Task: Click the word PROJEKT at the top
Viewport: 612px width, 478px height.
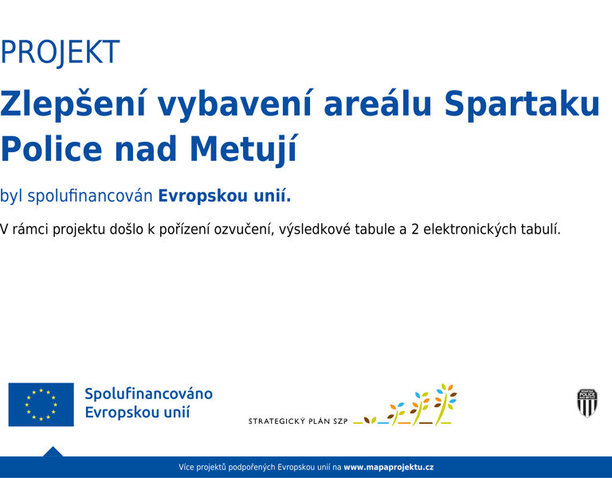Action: (x=60, y=52)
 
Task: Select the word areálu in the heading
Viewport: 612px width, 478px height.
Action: (x=378, y=103)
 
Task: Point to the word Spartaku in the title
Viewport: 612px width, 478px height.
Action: (x=522, y=104)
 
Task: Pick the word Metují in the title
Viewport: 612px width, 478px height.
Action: (x=244, y=150)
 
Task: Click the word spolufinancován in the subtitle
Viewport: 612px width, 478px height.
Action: (x=90, y=196)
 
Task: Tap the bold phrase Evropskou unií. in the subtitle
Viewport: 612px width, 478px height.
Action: (x=225, y=196)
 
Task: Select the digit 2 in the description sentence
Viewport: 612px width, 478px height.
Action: (x=415, y=229)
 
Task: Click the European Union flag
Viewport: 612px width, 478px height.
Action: (x=41, y=404)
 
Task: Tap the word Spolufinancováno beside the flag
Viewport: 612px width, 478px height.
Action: (x=149, y=394)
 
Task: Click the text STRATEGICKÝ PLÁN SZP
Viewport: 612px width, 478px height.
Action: (x=298, y=421)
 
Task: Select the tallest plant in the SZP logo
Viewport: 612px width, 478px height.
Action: (x=445, y=404)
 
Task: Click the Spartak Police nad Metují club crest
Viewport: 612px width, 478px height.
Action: (x=587, y=403)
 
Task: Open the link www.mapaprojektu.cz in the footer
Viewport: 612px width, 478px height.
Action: (x=388, y=467)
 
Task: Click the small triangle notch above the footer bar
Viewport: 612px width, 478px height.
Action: (x=53, y=452)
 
